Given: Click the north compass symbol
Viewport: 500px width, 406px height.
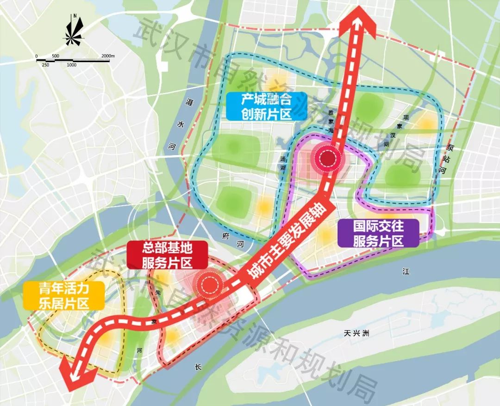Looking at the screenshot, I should [x=75, y=31].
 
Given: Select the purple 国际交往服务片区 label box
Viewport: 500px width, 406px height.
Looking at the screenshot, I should [x=378, y=233].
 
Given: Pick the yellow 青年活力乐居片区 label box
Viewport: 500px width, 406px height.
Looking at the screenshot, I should [x=64, y=295].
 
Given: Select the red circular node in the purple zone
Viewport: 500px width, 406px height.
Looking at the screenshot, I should [x=328, y=158].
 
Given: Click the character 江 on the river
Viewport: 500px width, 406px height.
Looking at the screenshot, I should [x=406, y=272].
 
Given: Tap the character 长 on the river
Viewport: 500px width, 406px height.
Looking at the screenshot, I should [x=198, y=367].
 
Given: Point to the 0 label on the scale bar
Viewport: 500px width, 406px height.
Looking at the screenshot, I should [x=37, y=56].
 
